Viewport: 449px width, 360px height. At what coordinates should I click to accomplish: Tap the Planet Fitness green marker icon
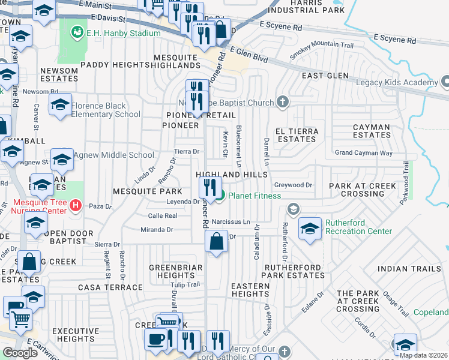[220, 195]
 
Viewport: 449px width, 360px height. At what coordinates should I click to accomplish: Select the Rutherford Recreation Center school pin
[310, 229]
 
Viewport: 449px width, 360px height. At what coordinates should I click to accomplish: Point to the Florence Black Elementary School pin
[60, 105]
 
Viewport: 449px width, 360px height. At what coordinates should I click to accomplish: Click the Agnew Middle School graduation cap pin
[62, 160]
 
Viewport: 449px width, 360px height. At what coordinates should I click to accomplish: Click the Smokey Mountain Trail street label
[322, 49]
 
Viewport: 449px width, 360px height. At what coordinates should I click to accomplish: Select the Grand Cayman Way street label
[363, 153]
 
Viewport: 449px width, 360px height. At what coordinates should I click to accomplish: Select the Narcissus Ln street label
[231, 221]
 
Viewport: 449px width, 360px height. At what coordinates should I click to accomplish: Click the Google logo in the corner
[20, 353]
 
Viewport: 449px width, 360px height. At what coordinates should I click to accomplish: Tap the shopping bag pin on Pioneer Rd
[216, 242]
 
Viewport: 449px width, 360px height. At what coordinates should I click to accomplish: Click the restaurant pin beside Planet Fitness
[209, 187]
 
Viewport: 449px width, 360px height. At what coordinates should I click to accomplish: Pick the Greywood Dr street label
[294, 185]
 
